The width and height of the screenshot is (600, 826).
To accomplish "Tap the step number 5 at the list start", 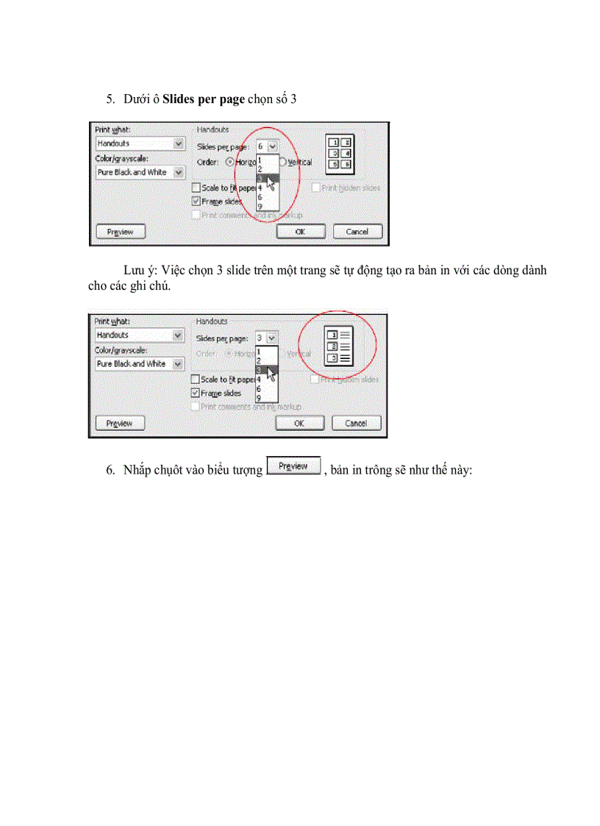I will tap(110, 99).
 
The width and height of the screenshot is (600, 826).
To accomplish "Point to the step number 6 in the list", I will tap(110, 470).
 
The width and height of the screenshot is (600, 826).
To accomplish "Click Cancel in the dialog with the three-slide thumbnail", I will tap(356, 424).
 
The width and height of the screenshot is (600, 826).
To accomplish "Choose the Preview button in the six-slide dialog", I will tap(121, 232).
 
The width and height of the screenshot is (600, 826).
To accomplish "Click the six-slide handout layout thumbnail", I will tap(340, 153).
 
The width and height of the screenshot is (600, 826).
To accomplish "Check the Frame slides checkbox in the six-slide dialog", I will tap(196, 201).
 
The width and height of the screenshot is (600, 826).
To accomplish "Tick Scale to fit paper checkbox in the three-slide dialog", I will tap(195, 380).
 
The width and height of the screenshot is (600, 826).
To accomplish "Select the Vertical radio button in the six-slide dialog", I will tap(282, 162).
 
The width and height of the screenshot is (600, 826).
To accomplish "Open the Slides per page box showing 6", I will tap(267, 146).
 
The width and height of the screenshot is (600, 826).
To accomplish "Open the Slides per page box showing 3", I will tap(266, 338).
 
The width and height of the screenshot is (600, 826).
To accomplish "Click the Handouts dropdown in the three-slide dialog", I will tap(140, 335).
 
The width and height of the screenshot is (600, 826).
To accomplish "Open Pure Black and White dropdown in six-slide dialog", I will tap(140, 172).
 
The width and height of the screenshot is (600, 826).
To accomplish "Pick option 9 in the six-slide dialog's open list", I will tap(260, 207).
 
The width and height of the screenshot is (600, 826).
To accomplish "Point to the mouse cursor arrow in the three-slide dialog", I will tap(272, 374).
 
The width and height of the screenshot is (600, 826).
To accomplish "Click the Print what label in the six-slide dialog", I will tap(113, 129).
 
